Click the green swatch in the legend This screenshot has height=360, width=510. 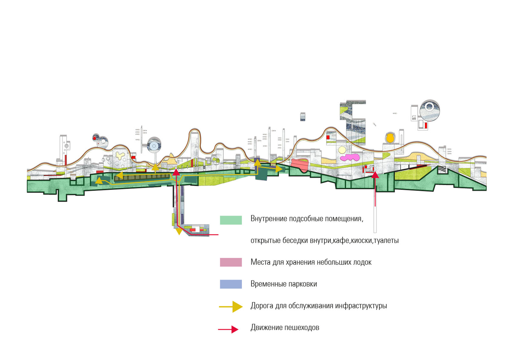tap(231, 220)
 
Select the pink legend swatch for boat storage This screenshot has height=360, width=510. tap(231, 262)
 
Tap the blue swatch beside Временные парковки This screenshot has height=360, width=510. tap(231, 284)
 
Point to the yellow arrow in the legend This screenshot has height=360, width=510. tap(231, 307)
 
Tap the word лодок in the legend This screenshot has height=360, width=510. tap(362, 262)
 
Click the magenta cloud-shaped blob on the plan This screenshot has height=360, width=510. tap(350, 157)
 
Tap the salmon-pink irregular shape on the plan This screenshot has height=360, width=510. tap(300, 164)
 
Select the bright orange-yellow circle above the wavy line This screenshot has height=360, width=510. tap(390, 138)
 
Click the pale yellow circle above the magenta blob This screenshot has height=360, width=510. tap(342, 150)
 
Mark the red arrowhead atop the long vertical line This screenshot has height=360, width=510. tap(375, 174)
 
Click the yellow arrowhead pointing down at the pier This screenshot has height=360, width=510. tap(179, 232)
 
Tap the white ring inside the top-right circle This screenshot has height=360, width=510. tap(429, 106)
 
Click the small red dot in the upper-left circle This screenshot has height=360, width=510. tap(94, 138)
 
